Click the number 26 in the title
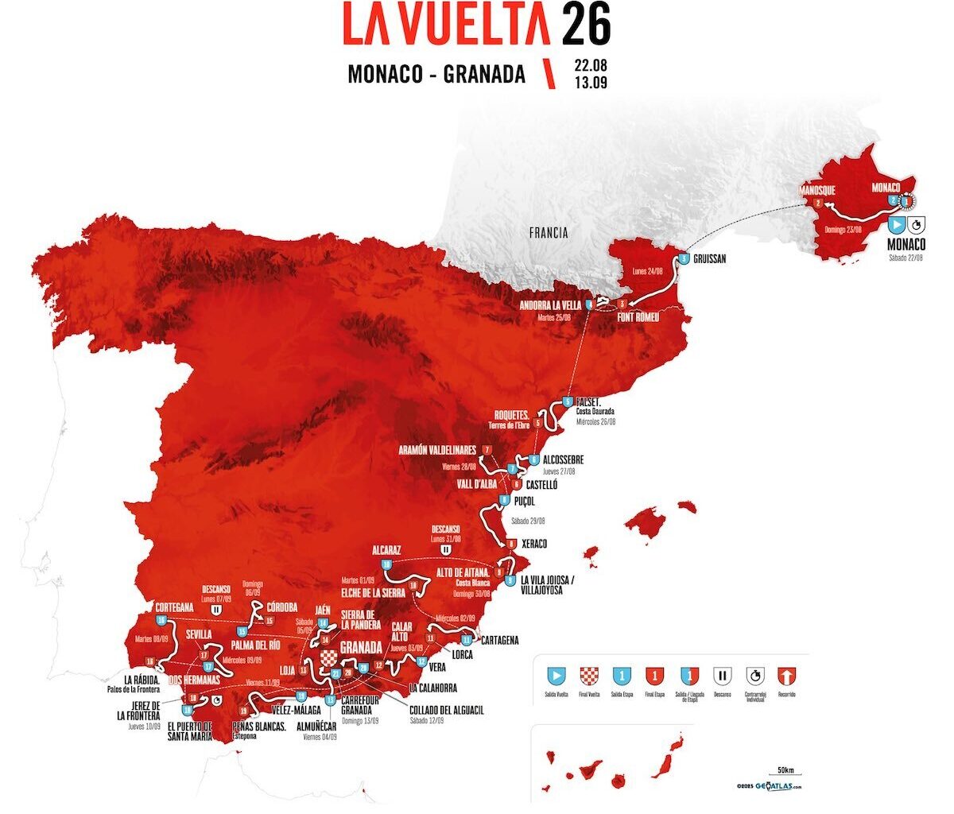[x=586, y=25]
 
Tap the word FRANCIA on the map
[x=549, y=233]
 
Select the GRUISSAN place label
[x=710, y=259]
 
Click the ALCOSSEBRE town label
[x=565, y=459]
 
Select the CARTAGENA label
[x=500, y=640]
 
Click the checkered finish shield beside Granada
[x=329, y=658]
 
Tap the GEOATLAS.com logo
[x=770, y=786]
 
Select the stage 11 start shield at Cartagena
[x=467, y=639]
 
